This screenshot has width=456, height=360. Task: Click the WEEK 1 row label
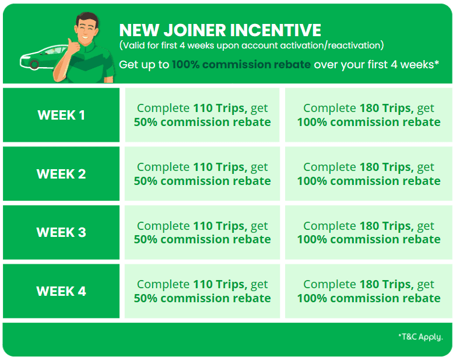tap(61, 115)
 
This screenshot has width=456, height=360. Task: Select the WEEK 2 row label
tap(61, 174)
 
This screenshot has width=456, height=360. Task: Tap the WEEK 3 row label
tap(61, 232)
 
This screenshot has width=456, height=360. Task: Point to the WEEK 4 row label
tap(61, 291)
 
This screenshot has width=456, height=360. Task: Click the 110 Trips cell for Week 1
tap(202, 115)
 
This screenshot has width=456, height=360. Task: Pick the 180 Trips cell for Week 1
tap(369, 115)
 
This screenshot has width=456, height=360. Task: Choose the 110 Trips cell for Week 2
tap(202, 174)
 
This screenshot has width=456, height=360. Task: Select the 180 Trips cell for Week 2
tap(369, 174)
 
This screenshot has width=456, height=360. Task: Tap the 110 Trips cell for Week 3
tap(202, 232)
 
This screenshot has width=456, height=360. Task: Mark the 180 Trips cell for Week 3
tap(369, 232)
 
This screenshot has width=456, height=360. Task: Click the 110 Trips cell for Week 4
tap(202, 291)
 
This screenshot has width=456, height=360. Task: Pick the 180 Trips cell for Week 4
tap(369, 291)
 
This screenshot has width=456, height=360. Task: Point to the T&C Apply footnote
tap(420, 337)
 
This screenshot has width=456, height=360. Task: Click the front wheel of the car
tap(34, 64)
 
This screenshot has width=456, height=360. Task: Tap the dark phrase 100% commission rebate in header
tap(241, 65)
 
